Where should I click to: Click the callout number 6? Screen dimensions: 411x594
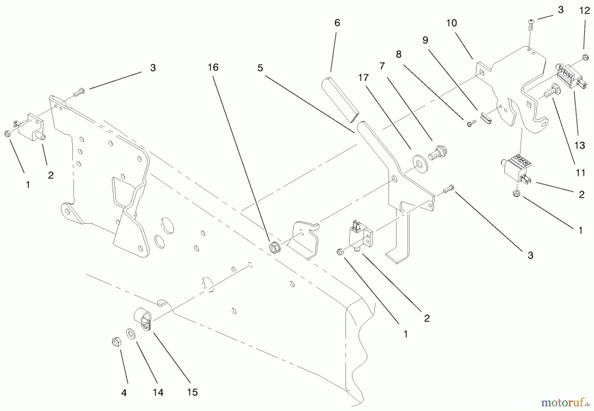[337, 23]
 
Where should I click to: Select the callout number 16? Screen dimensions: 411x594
[213, 67]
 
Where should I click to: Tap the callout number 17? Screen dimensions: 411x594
[363, 78]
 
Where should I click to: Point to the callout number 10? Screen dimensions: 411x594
[451, 23]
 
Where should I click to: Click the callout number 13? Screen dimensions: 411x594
[580, 145]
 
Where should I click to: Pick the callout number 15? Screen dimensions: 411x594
[192, 392]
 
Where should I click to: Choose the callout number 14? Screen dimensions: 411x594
[158, 392]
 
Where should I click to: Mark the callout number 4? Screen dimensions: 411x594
[124, 393]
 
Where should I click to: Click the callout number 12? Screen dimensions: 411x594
[584, 11]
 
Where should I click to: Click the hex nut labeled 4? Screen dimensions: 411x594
[116, 342]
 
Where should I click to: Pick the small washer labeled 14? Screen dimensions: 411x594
[131, 334]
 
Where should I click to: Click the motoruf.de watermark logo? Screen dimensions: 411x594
[565, 402]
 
